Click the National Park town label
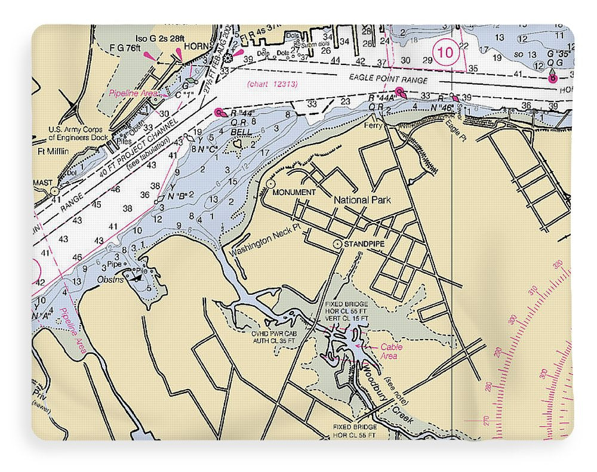(362, 200)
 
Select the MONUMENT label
(293, 192)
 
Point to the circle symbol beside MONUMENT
(270, 184)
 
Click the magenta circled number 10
(445, 53)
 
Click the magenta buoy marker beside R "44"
(219, 112)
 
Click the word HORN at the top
(194, 45)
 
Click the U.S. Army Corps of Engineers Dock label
(76, 132)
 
